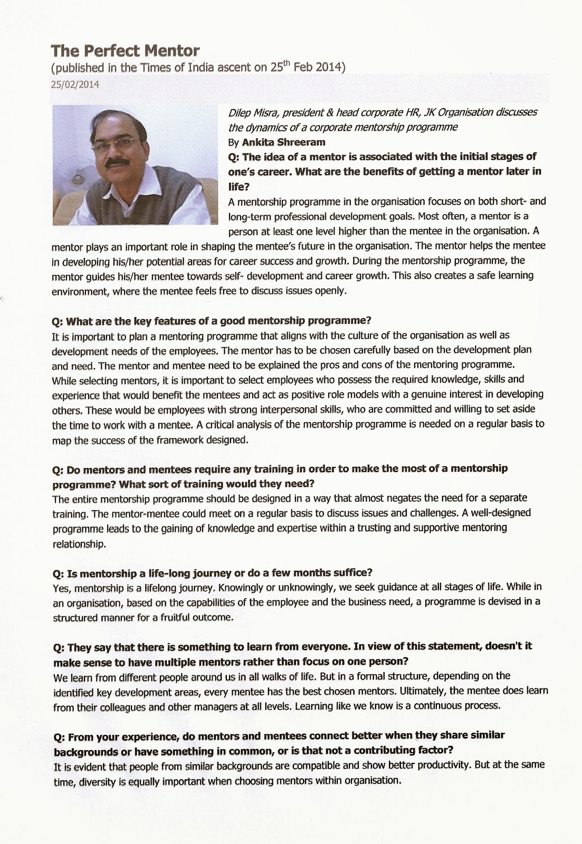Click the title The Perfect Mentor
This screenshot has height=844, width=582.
(x=125, y=51)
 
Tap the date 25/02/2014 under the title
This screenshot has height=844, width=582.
(x=75, y=84)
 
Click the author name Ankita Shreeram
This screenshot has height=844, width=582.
(x=283, y=142)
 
